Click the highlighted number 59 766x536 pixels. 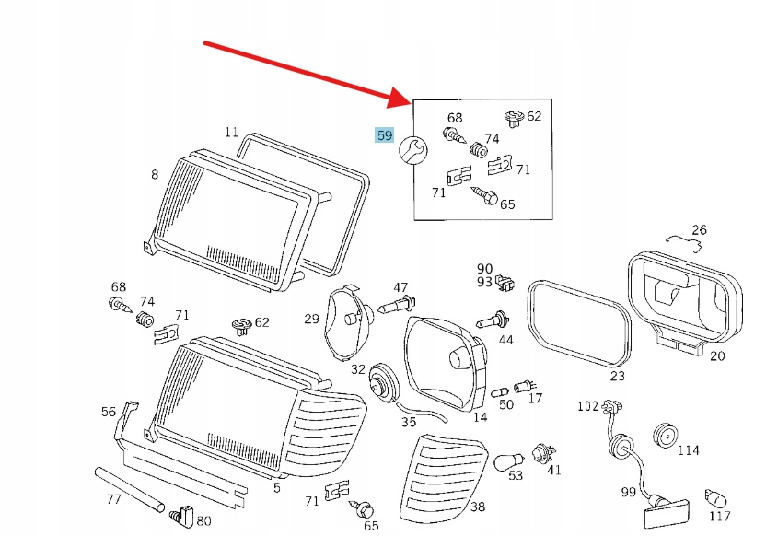click(384, 136)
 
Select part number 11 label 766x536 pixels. click(231, 132)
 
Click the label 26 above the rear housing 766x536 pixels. click(699, 230)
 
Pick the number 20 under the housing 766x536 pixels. click(717, 356)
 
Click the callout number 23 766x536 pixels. click(617, 376)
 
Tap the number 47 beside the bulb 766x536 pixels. click(400, 288)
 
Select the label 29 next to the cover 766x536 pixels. click(311, 320)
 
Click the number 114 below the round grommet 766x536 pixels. click(688, 450)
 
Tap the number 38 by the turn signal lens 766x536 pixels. click(477, 507)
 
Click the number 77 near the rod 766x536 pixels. click(113, 500)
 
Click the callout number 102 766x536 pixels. click(588, 406)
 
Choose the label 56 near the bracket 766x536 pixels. click(109, 412)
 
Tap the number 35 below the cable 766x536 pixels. click(409, 423)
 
